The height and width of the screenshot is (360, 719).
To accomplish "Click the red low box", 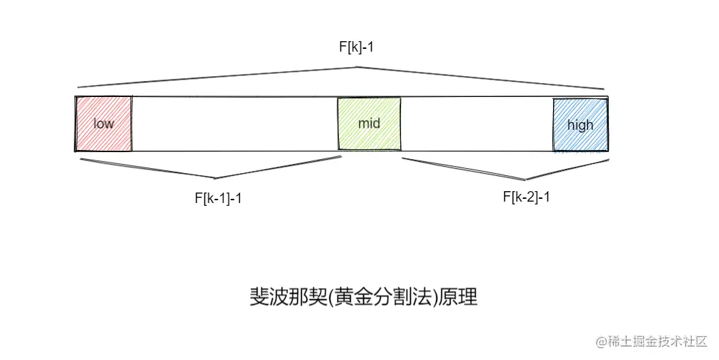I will [x=104, y=123].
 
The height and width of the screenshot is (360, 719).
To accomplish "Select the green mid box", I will [x=369, y=123].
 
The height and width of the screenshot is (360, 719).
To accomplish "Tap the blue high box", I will [x=580, y=125].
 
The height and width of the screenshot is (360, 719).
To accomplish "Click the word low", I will [x=103, y=124].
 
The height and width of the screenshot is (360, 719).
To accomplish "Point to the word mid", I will [x=369, y=123].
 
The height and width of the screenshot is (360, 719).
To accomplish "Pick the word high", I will [x=580, y=125].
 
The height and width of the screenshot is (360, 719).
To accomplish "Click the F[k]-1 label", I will [x=357, y=47].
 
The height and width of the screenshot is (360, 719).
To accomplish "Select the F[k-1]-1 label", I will [x=218, y=198].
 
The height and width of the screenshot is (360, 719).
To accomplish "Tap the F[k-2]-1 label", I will [x=527, y=196].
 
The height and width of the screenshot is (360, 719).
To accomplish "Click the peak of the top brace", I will [x=357, y=67].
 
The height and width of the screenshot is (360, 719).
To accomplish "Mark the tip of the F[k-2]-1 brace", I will [x=524, y=179].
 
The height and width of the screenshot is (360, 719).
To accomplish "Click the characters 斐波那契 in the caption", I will [x=278, y=297].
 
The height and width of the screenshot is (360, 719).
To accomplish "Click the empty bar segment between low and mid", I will [x=234, y=123].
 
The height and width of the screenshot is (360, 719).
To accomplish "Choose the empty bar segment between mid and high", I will [x=477, y=123].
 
